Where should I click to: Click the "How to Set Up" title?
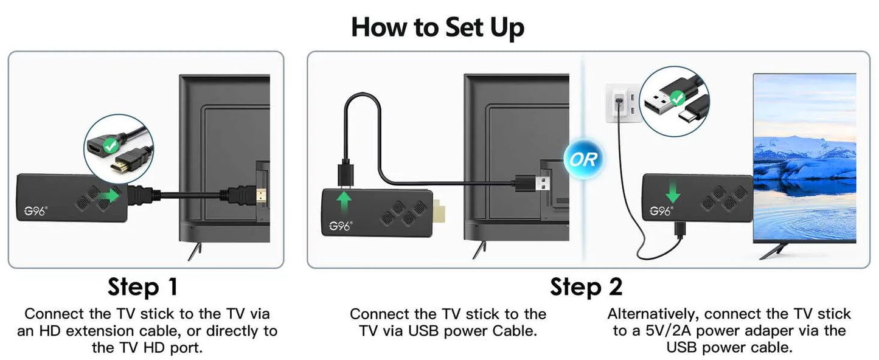click(437, 27)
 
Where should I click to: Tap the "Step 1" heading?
click(142, 286)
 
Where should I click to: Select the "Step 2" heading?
click(586, 286)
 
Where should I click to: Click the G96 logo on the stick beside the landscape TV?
click(660, 211)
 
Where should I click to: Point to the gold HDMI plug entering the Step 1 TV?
click(260, 196)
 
